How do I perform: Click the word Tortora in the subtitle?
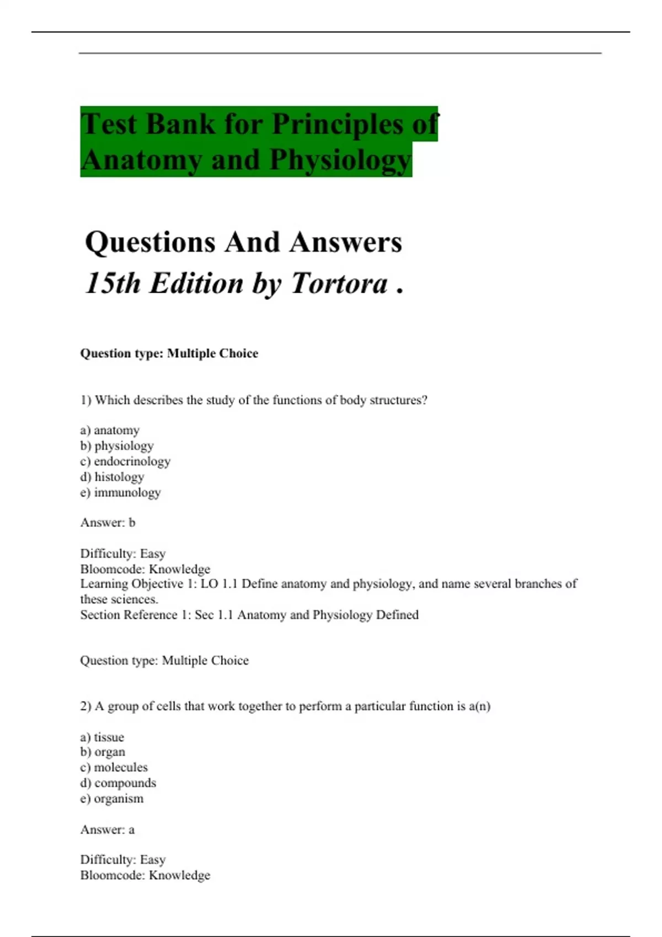click(x=339, y=283)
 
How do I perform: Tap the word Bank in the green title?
click(x=180, y=123)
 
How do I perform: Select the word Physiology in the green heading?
click(x=340, y=160)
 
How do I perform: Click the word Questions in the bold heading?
click(x=150, y=242)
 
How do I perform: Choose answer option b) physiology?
click(x=117, y=445)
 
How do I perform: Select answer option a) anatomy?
click(x=110, y=430)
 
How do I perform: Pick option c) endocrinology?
click(x=125, y=461)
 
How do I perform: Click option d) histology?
click(x=112, y=477)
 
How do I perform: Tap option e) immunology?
click(x=120, y=492)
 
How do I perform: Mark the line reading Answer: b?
click(x=108, y=523)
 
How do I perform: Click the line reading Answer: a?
click(x=108, y=830)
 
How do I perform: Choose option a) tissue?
click(x=102, y=737)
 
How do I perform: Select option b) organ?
click(x=103, y=752)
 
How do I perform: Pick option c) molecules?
click(x=114, y=767)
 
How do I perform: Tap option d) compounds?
click(x=118, y=783)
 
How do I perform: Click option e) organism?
click(x=111, y=799)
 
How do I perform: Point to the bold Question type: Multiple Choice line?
click(x=169, y=353)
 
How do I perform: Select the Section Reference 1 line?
click(x=249, y=615)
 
